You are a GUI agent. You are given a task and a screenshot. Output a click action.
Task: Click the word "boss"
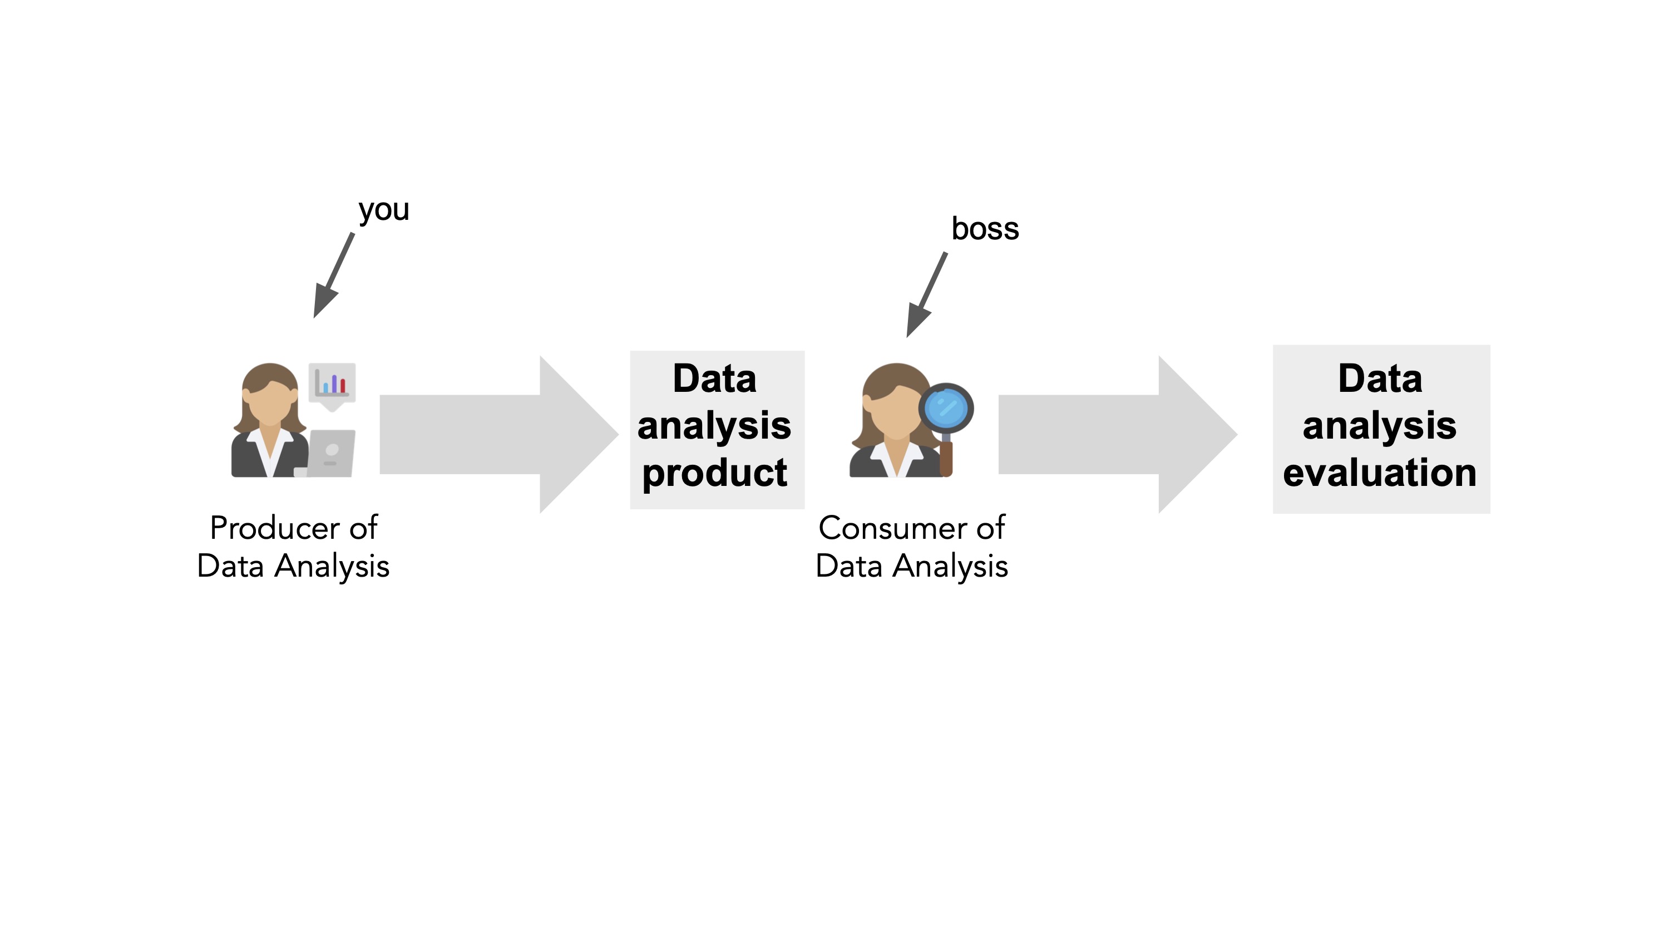click(x=985, y=229)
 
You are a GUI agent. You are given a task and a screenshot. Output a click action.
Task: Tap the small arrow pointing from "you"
click(x=334, y=276)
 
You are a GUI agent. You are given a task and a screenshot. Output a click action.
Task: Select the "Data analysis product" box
click(x=717, y=430)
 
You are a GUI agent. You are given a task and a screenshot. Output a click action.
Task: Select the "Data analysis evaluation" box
click(x=1381, y=429)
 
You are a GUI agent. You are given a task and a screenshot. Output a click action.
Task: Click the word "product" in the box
click(x=715, y=473)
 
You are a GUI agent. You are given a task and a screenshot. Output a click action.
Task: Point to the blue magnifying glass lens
click(x=946, y=408)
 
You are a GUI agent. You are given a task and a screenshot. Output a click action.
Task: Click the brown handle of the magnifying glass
click(x=946, y=458)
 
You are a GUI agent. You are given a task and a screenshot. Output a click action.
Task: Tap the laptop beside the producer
click(x=330, y=453)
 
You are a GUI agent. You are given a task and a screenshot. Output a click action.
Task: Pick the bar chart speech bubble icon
click(x=332, y=386)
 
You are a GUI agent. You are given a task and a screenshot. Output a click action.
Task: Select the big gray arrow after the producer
click(x=499, y=434)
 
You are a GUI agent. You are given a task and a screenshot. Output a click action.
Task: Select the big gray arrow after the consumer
click(x=1118, y=434)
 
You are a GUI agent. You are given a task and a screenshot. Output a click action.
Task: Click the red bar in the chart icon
click(x=343, y=386)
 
